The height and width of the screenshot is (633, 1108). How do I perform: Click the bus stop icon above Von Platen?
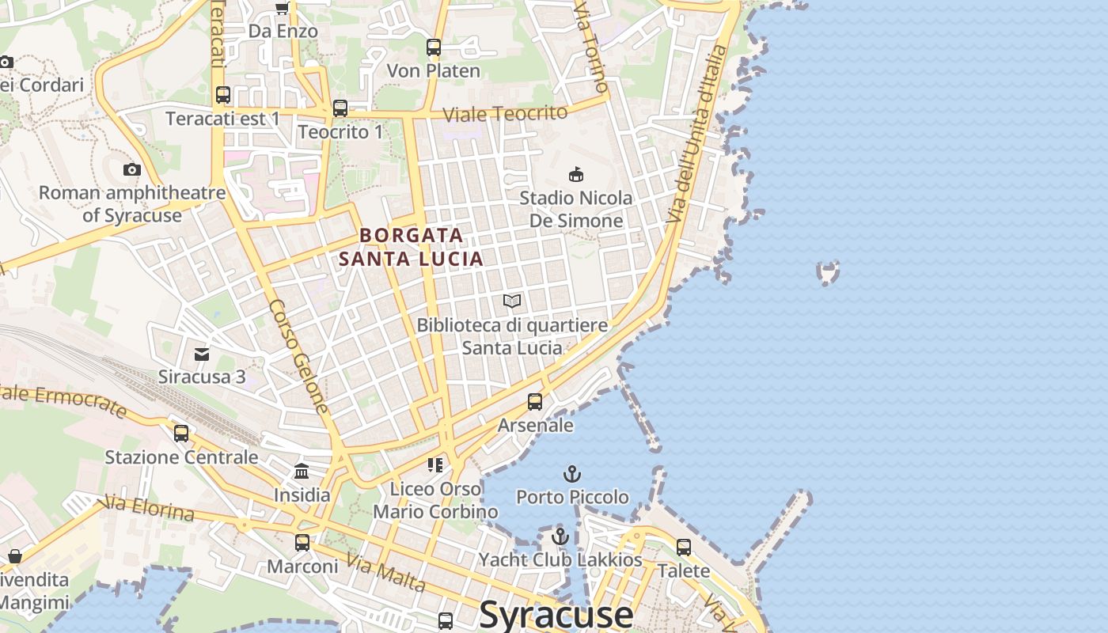[433, 47]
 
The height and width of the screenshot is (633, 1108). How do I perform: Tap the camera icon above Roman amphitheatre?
[132, 169]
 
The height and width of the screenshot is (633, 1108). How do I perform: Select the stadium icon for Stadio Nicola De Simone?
[576, 174]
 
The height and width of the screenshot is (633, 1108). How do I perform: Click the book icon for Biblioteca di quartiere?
[512, 301]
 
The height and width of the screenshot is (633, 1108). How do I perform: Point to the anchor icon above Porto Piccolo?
[571, 474]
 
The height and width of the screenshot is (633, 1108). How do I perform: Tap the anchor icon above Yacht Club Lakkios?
[560, 536]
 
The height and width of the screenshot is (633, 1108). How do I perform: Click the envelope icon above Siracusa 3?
[202, 354]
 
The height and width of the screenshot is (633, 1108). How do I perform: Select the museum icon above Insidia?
[302, 472]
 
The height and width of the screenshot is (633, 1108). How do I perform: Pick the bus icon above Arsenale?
[535, 402]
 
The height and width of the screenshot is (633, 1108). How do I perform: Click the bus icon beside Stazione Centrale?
[181, 433]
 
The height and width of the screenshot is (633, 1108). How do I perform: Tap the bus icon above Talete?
[684, 547]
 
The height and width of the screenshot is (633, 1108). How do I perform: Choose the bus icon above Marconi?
[302, 543]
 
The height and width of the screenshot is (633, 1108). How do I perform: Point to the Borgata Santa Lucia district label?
[411, 247]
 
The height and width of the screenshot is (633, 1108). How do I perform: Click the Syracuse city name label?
[556, 614]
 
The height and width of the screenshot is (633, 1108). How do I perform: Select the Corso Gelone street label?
[298, 356]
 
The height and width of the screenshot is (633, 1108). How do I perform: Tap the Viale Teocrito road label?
[505, 113]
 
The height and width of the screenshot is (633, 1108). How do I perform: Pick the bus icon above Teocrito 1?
[340, 108]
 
